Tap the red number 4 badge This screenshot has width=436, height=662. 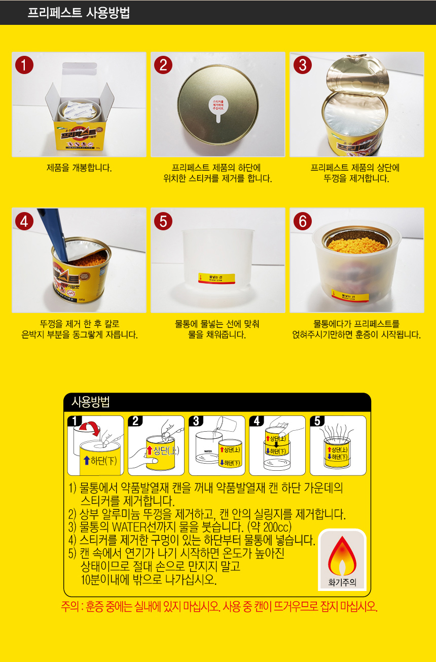pyautogui.click(x=24, y=221)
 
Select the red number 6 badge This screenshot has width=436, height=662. pyautogui.click(x=303, y=221)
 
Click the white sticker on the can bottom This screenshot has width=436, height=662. pyautogui.click(x=218, y=106)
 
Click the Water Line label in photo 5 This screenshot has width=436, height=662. pyautogui.click(x=216, y=278)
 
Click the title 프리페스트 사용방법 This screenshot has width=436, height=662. pyautogui.click(x=79, y=13)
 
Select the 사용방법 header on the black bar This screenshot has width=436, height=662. pyautogui.click(x=91, y=402)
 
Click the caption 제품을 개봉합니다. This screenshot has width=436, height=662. pyautogui.click(x=79, y=167)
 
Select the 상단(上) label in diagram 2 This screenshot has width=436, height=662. pyautogui.click(x=162, y=451)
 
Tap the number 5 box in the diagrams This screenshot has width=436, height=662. pyautogui.click(x=317, y=421)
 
